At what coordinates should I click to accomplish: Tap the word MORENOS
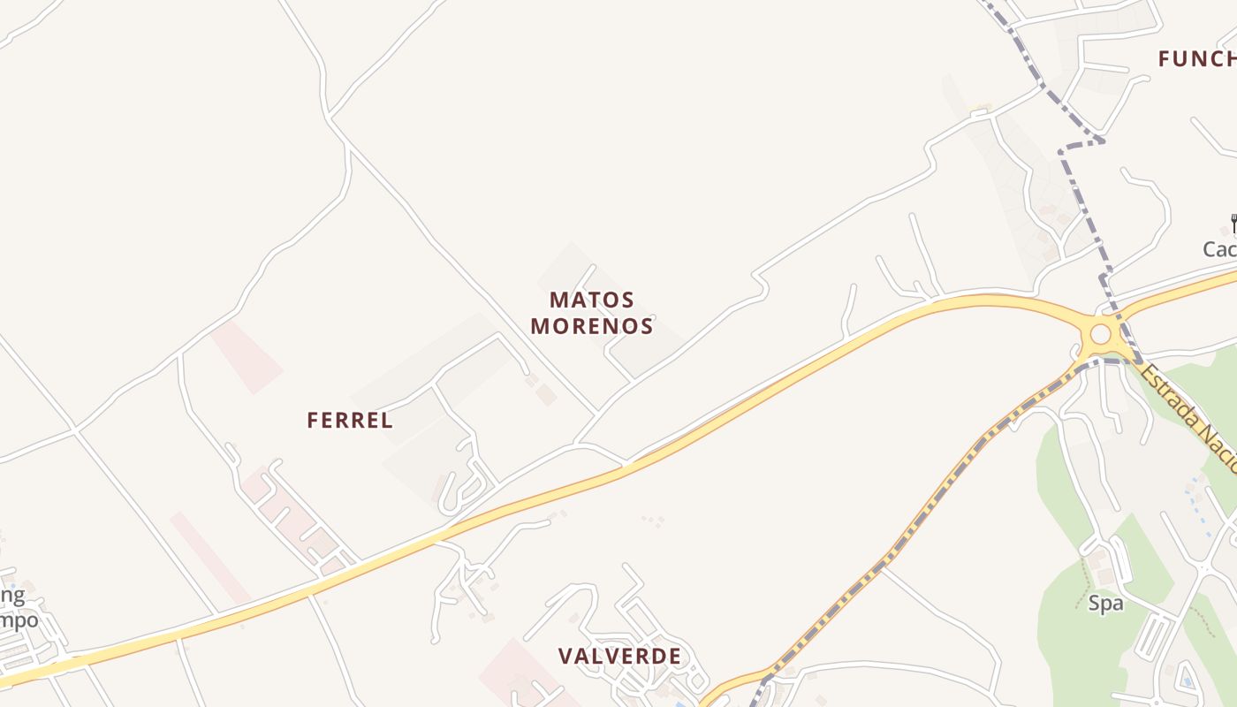point(591,326)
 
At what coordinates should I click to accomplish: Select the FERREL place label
point(350,421)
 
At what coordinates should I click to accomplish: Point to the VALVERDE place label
point(619,657)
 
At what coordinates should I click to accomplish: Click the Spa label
point(1105,604)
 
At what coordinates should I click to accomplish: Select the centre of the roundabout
point(1100,335)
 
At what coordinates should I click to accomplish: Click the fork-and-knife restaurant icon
point(1233,224)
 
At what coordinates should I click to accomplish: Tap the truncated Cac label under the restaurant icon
point(1219,250)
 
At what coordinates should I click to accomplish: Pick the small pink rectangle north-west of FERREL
point(247,356)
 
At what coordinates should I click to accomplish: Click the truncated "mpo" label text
point(19,620)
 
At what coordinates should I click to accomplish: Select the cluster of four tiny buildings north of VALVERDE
point(653,521)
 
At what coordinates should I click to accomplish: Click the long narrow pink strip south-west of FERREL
point(209,558)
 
